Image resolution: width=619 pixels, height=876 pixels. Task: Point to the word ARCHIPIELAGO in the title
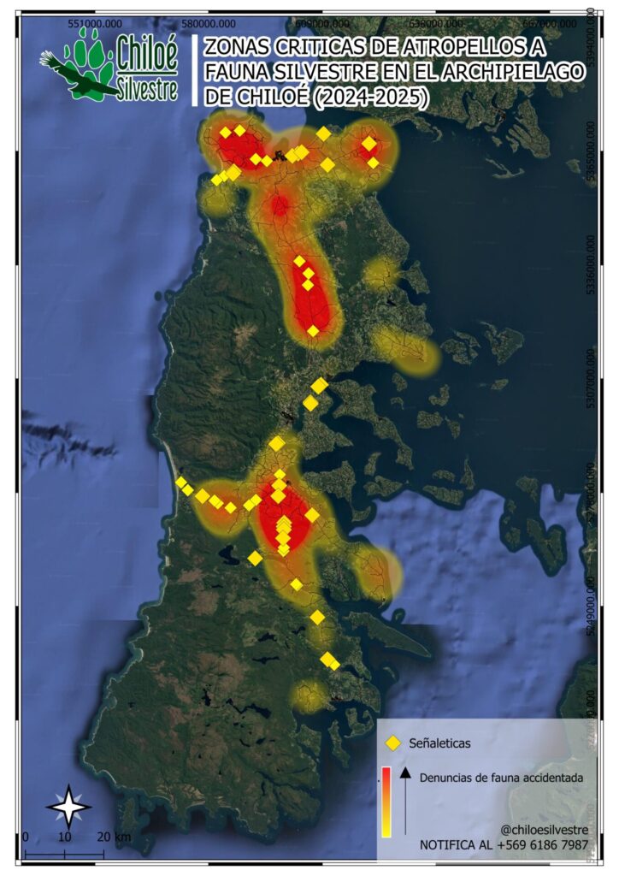click(505, 74)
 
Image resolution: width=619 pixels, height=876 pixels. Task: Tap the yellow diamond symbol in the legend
click(393, 743)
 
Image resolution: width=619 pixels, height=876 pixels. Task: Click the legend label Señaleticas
click(440, 743)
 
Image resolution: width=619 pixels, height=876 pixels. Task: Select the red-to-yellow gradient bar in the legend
click(386, 801)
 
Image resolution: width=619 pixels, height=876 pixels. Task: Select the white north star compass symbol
click(68, 805)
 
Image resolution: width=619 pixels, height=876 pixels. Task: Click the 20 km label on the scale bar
click(114, 837)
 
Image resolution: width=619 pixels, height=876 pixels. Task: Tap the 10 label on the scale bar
click(64, 837)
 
